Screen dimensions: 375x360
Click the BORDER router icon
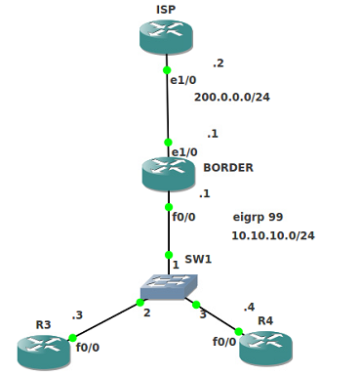[169, 174]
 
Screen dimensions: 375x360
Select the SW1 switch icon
[168, 285]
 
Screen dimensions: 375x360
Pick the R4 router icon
[265, 347]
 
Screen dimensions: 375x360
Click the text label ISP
[166, 10]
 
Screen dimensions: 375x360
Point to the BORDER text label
[228, 168]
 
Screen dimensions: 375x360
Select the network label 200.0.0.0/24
[232, 98]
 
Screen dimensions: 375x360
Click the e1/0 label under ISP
[184, 80]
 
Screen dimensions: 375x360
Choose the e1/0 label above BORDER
[184, 152]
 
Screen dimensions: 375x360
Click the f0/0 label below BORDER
[183, 217]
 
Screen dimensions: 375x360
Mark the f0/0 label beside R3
[88, 346]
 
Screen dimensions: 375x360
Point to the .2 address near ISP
[218, 63]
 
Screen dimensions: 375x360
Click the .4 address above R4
[249, 307]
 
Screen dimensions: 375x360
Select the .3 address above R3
[77, 315]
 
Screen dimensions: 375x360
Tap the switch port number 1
[176, 265]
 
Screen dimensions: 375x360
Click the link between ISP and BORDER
[168, 112]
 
